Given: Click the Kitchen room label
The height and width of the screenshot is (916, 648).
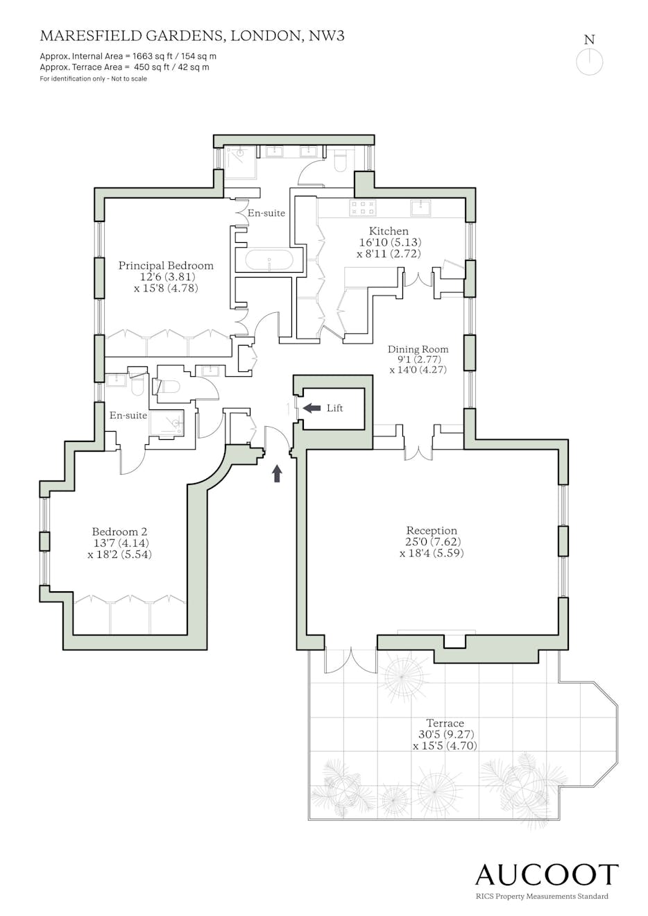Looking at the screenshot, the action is coord(389,230).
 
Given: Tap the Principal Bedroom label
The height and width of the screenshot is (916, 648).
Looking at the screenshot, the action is coord(166,266).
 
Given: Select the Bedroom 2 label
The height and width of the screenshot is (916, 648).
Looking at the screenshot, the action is coord(119,532).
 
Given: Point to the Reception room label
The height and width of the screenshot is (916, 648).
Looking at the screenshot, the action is coord(432,531).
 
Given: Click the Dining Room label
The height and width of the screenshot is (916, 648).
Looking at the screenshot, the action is coord(418,349).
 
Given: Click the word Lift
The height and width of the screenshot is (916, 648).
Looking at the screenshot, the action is coord(335,408).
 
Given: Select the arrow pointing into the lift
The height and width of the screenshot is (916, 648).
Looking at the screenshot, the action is coord(312,408).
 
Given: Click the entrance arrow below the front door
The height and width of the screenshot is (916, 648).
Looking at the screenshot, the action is coord(278,473).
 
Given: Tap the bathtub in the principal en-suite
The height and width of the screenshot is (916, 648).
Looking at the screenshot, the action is coord(268,260).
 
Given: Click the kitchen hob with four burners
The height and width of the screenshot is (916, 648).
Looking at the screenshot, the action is coord(362,207).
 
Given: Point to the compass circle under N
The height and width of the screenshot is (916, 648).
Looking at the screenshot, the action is coord(589,62).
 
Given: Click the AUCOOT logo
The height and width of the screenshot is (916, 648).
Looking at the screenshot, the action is coord(547,873).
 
